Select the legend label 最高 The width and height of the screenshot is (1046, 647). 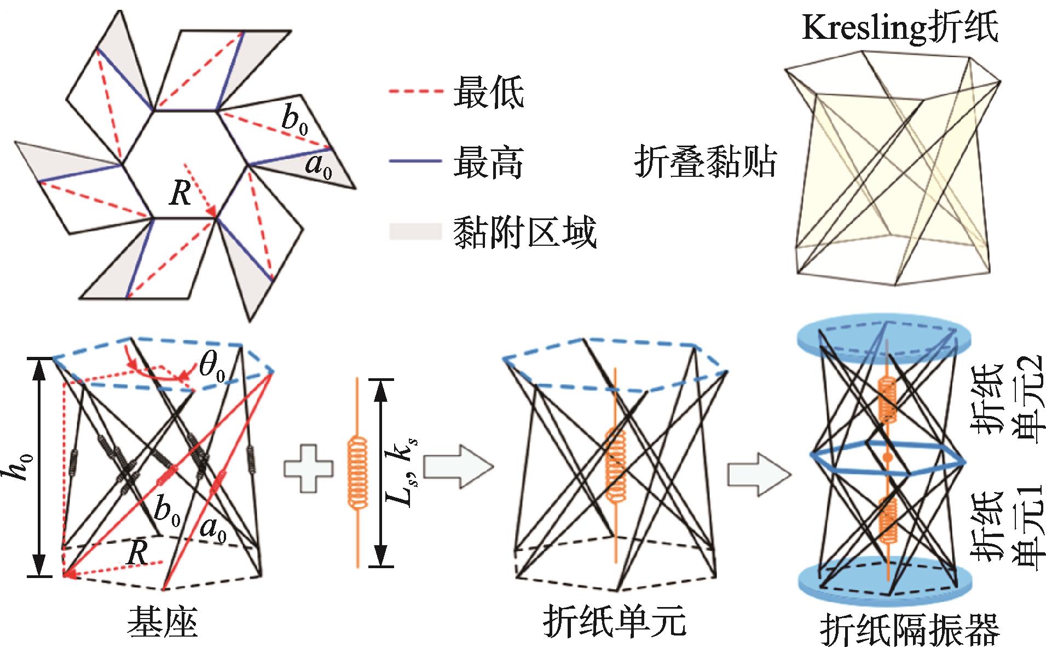488,162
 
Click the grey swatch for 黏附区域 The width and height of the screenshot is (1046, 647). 415,232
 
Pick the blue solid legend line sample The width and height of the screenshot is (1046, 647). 415,161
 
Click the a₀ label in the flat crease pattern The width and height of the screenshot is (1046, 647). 319,166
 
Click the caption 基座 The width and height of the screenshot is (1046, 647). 162,625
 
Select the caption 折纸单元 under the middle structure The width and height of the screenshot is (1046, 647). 615,625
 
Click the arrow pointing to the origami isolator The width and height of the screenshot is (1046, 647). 758,469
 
